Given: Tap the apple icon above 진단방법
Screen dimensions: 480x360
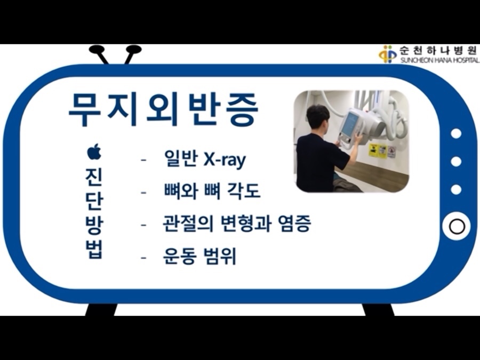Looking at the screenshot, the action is point(94,152).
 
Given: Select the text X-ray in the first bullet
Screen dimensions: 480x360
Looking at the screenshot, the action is point(225,159).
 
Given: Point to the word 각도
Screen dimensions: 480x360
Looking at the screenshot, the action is point(244,190).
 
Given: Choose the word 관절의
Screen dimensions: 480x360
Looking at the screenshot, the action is point(188,224).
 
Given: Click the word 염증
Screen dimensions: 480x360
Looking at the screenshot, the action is point(295,224).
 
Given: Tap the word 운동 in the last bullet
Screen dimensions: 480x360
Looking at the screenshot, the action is point(179,256).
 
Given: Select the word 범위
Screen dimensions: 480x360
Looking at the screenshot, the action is point(220,256).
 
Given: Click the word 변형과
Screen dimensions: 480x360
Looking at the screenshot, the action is point(245,224).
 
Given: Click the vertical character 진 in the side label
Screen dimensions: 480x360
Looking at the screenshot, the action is point(94,178).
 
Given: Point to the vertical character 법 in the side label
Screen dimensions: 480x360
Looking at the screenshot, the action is point(94,250).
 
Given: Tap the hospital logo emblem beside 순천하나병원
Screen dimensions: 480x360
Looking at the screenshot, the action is point(388,54).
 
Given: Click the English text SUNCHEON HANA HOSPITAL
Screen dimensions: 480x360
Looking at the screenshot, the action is point(439,60).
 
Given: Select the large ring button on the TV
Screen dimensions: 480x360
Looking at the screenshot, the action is point(457,227).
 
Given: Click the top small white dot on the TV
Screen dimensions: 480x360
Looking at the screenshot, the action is point(456,134).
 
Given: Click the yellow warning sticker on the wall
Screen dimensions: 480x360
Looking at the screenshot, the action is point(373,150).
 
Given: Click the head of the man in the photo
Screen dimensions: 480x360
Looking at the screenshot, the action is point(317,117).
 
